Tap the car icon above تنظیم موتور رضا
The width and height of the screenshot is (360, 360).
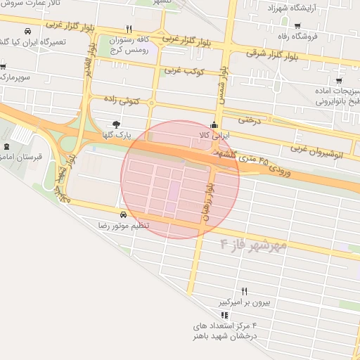click(123, 214)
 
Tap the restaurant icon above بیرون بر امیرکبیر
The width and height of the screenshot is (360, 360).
click(245, 290)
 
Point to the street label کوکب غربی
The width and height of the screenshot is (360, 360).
click(183, 71)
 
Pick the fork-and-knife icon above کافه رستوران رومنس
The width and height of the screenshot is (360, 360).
click(128, 30)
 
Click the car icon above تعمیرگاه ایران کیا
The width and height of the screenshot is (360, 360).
click(27, 32)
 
